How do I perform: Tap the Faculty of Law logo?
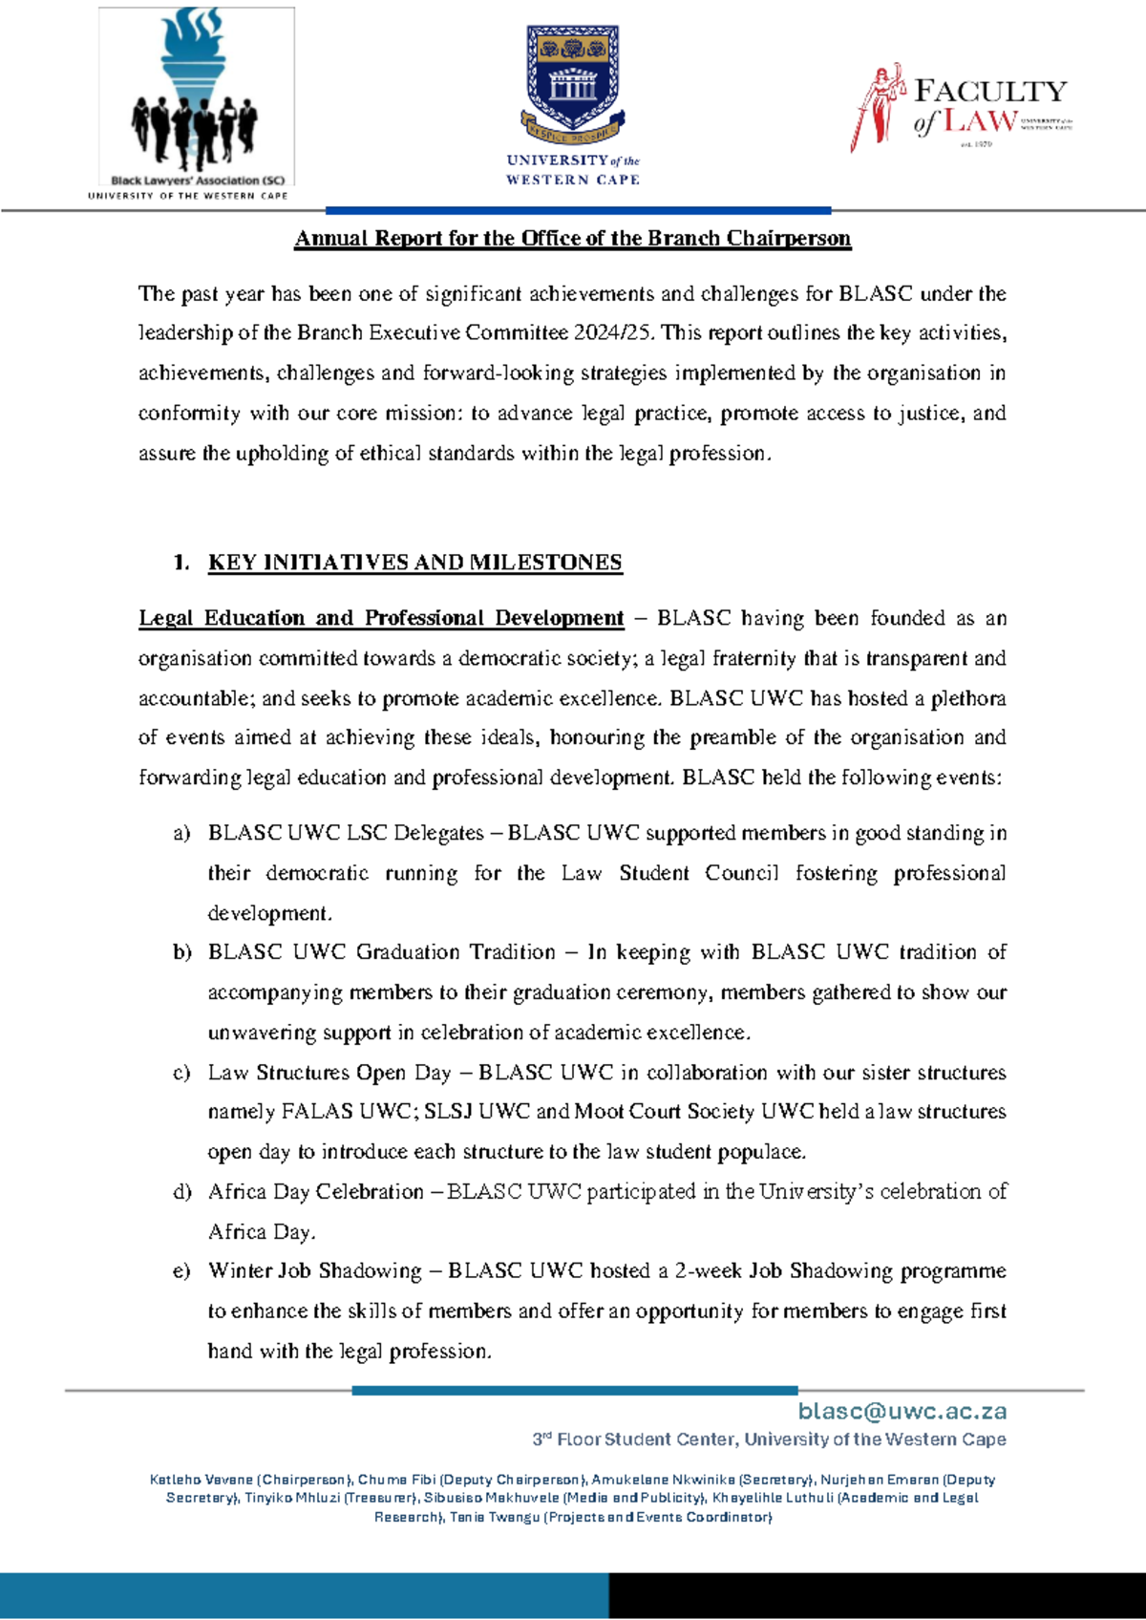point(960,107)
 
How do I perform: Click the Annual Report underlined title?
point(572,238)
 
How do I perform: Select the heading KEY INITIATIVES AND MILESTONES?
point(414,563)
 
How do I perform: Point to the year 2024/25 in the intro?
point(613,332)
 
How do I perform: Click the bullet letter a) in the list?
point(181,834)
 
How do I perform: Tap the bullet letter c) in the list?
point(181,1074)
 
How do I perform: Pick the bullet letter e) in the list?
point(181,1272)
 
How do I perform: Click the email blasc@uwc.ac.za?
point(902,1411)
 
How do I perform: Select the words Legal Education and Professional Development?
point(380,618)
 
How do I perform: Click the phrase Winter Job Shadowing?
point(314,1271)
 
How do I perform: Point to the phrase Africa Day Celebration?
point(315,1192)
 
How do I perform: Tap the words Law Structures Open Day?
point(329,1073)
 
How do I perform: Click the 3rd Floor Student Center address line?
point(769,1439)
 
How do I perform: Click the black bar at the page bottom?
point(877,1595)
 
